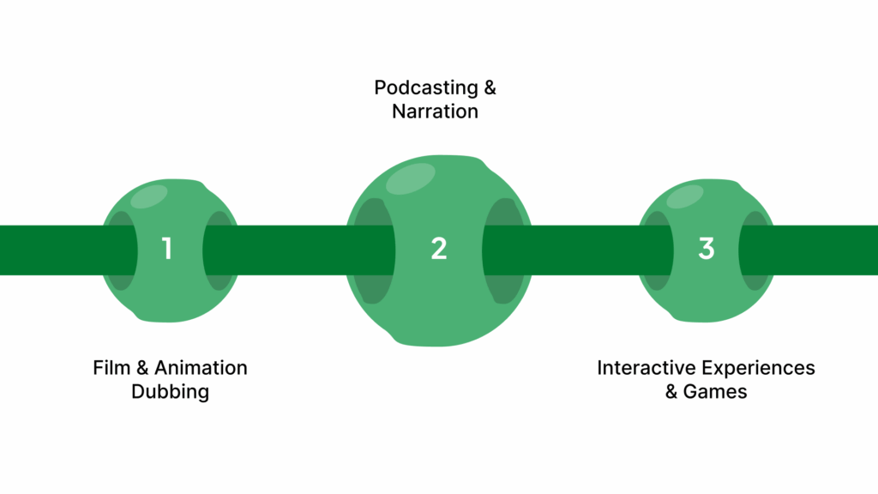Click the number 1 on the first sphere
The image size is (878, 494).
tap(167, 249)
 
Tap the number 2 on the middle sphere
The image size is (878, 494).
tap(439, 249)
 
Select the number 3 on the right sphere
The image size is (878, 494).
tap(706, 249)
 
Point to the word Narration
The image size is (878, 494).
tap(436, 111)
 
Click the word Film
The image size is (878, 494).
tap(111, 368)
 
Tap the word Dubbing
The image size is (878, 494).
tap(170, 392)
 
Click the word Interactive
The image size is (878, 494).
tap(646, 368)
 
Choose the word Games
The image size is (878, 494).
tap(715, 392)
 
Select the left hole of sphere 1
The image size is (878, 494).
tap(121, 250)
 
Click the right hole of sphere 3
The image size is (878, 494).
tap(755, 250)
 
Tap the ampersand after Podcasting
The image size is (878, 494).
tap(488, 87)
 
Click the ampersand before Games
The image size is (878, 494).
tap(671, 392)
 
